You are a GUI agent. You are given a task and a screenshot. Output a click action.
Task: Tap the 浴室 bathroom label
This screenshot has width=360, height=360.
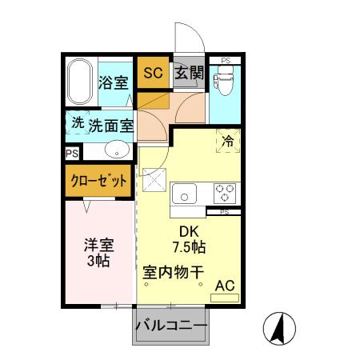pyautogui.click(x=113, y=82)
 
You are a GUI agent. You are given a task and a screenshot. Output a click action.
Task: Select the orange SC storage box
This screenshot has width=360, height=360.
pyautogui.click(x=152, y=73)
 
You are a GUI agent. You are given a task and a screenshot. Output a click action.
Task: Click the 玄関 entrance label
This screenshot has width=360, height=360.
pyautogui.click(x=189, y=73)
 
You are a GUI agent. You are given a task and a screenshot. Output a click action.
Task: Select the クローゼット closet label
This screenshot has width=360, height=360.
pyautogui.click(x=97, y=181)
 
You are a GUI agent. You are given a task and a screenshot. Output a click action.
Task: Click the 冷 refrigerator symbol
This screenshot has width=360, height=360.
pyautogui.click(x=226, y=140)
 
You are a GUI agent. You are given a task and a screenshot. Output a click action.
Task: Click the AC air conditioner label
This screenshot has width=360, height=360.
pyautogui.click(x=225, y=285)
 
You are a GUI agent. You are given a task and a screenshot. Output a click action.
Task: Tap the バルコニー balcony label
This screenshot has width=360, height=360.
pyautogui.click(x=170, y=326)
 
